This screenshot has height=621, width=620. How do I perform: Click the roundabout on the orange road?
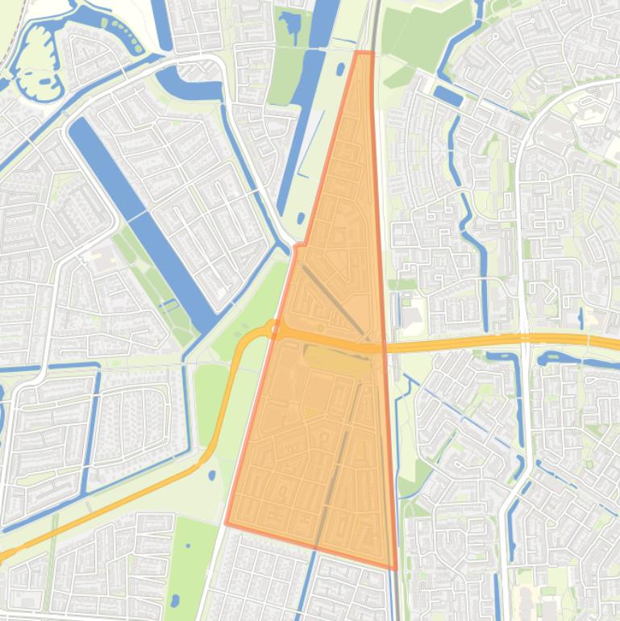pyautogui.click(x=275, y=328)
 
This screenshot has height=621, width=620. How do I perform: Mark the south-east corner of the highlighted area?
pyautogui.click(x=395, y=569)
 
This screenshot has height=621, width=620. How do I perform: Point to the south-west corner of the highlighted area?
pyautogui.click(x=227, y=523)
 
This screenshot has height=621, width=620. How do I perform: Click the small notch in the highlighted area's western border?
pyautogui.click(x=299, y=244)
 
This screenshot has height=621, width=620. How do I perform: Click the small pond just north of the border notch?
pyautogui.click(x=300, y=218)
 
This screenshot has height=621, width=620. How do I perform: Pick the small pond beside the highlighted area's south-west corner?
pyautogui.click(x=212, y=475)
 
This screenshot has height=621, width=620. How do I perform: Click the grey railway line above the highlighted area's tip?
pyautogui.click(x=375, y=24)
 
